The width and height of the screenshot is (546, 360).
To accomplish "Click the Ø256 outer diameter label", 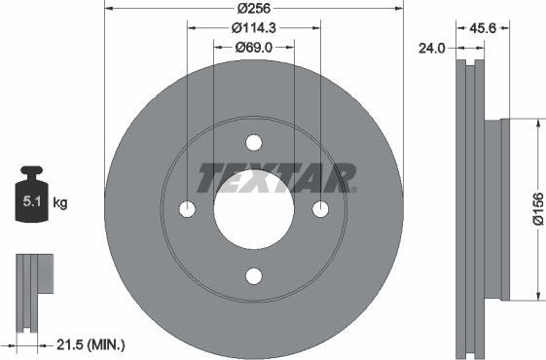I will tap(253, 8).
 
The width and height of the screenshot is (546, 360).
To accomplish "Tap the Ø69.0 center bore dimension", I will tap(253, 46).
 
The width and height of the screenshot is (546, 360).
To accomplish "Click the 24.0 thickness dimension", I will tap(431, 46).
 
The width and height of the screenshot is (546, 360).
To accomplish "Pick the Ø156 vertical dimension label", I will tap(537, 209).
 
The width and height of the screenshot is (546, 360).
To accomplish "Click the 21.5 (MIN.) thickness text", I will tap(91, 344).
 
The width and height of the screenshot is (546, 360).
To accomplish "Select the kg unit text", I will tap(59, 203).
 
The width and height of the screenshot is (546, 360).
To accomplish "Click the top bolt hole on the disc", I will tap(254, 143).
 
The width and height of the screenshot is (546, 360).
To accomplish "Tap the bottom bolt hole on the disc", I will tap(254, 276).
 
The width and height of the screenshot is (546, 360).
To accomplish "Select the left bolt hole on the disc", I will tap(188, 209).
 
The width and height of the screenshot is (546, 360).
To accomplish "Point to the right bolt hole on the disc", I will tap(320, 209).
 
